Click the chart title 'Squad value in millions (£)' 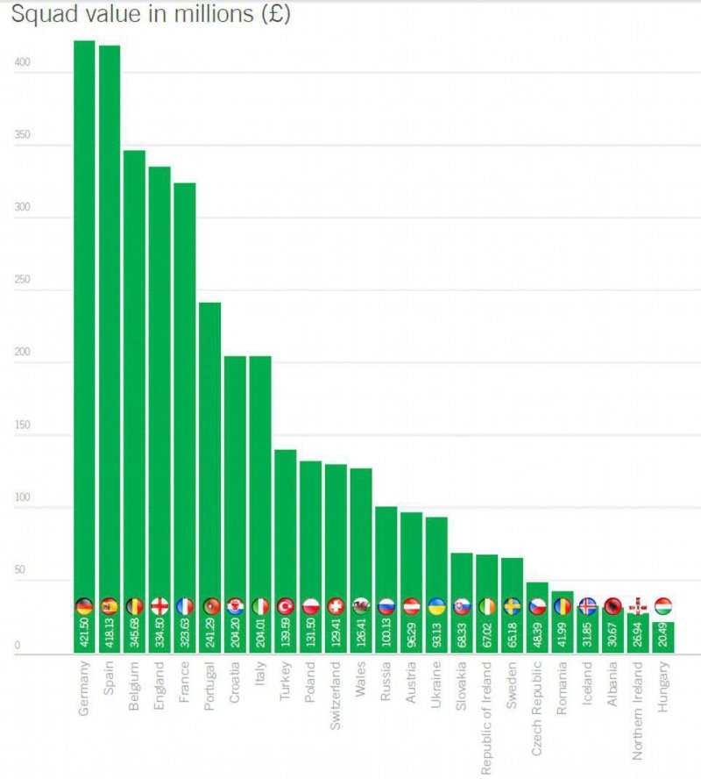(x=151, y=15)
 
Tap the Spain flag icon (x=110, y=605)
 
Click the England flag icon (x=159, y=605)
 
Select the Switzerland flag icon (x=336, y=605)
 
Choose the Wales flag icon (x=361, y=605)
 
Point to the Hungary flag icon (x=662, y=605)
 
